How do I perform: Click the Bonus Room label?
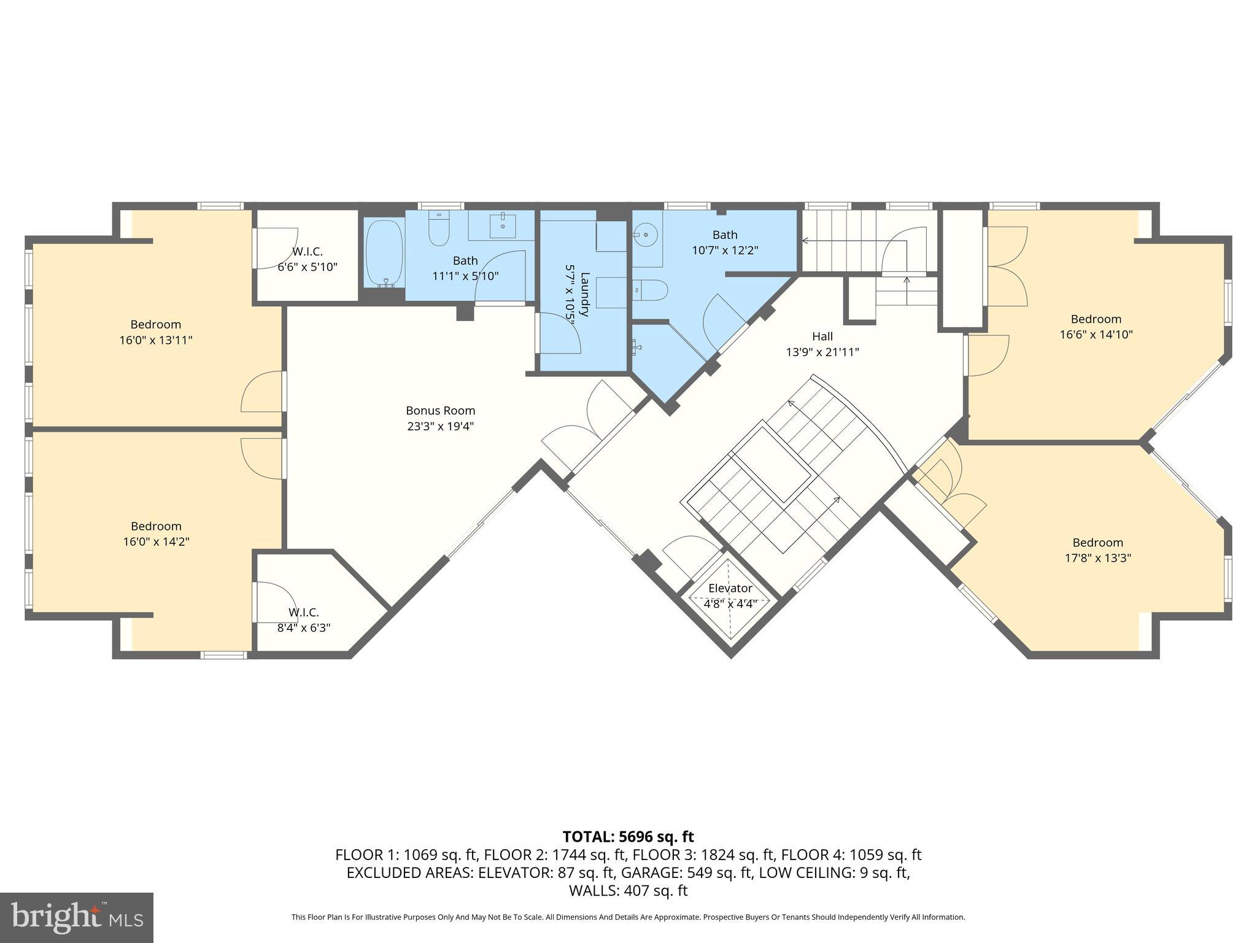point(440,411)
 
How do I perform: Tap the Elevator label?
point(730,588)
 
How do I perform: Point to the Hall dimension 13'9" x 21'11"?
point(822,352)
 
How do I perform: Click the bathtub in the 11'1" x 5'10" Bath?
point(384,252)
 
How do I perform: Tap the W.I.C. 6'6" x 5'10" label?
point(307,252)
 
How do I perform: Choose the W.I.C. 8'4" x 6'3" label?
point(303,612)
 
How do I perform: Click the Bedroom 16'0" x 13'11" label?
point(156,324)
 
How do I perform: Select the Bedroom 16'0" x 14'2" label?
point(156,526)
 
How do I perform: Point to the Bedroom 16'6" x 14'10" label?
point(1096,319)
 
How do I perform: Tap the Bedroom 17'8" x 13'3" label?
point(1097,543)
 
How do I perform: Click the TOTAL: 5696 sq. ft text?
point(628,837)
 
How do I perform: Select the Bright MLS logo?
point(76,917)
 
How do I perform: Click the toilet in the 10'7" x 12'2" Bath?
point(651,289)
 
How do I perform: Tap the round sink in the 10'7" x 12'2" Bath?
point(645,234)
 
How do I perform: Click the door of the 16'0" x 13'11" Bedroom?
point(263,393)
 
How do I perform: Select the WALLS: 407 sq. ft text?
point(628,890)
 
